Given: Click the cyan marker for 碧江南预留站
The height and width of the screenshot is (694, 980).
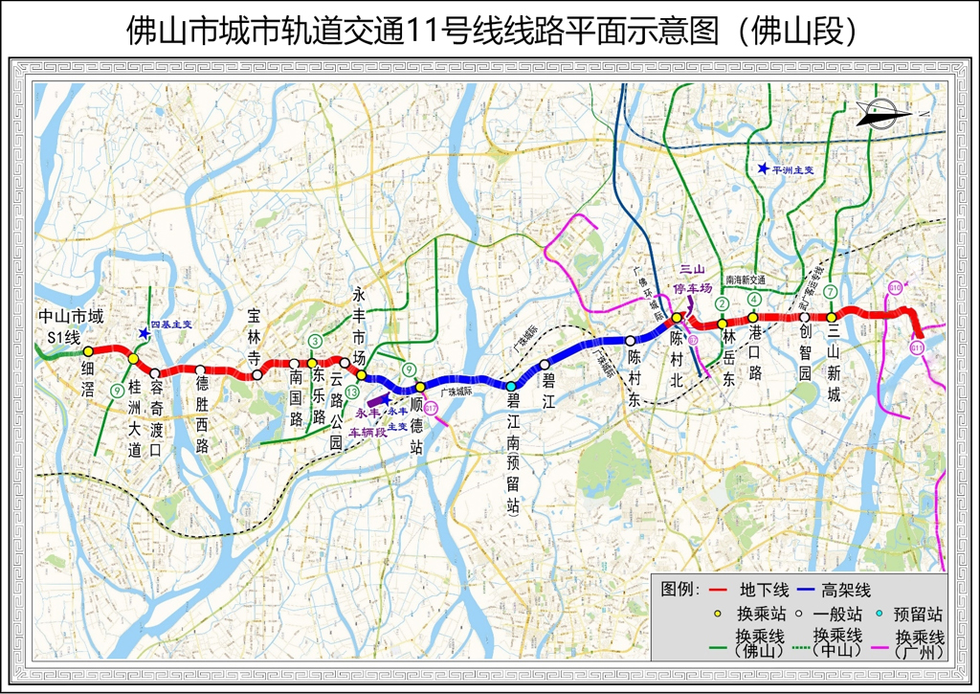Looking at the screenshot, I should (511, 386).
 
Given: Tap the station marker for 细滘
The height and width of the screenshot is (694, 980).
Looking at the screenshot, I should (88, 352).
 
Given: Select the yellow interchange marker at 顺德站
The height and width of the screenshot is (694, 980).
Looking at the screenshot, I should (419, 387).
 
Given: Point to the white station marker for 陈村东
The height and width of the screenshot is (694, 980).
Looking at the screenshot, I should (631, 341).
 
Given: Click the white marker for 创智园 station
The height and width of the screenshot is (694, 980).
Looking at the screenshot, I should (805, 318).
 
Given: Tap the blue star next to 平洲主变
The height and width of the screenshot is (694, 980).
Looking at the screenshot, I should (763, 169).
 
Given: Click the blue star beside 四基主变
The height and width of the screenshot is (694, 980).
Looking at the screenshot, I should (143, 333).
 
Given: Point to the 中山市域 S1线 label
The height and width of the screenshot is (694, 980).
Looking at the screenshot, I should (70, 326).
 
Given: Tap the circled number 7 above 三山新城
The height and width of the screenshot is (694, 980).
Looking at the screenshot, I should (832, 292).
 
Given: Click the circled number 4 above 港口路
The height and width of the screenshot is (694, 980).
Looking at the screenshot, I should (755, 300).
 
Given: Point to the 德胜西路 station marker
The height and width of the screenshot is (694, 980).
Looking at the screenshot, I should (200, 369).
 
